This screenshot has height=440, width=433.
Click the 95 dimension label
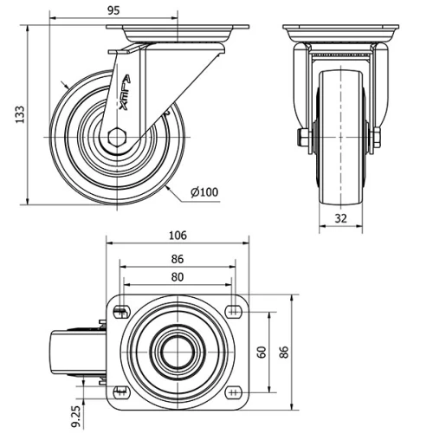(114, 10)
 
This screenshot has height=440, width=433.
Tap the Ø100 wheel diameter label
(204, 192)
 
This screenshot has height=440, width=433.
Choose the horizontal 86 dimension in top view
(178, 258)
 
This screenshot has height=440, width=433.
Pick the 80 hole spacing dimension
(178, 277)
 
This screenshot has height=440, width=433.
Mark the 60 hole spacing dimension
(261, 352)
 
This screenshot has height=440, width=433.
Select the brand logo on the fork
(126, 91)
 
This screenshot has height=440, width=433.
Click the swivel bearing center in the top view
(178, 352)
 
